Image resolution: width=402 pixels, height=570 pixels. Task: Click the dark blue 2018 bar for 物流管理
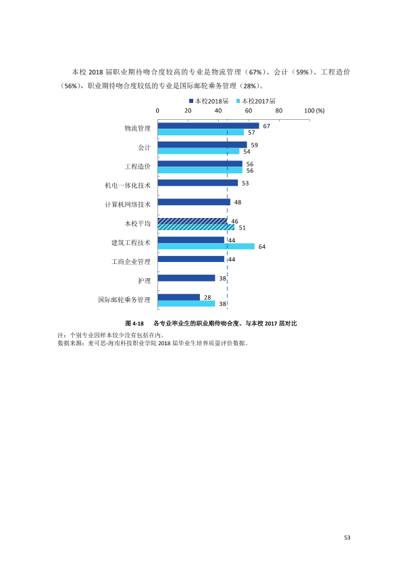tap(208, 126)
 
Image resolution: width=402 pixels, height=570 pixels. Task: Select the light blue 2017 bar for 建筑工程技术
tap(206, 246)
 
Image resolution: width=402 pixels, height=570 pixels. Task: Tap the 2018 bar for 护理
tap(186, 278)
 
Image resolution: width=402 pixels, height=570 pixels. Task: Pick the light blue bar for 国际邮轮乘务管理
tap(186, 303)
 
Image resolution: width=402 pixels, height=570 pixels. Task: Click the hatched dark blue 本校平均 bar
tap(193, 221)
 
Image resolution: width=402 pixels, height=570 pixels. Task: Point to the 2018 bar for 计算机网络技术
tap(194, 202)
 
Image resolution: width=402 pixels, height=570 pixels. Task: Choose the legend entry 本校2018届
tap(209, 101)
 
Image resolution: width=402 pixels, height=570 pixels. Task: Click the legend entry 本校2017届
tap(256, 101)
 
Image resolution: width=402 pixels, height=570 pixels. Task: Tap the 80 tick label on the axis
tap(278, 111)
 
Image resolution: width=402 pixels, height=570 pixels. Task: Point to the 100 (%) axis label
tap(314, 111)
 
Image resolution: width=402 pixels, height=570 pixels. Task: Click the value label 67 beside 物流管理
tap(267, 126)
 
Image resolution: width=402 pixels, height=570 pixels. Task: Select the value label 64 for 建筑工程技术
tap(262, 247)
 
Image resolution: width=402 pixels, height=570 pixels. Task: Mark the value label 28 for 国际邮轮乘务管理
tap(207, 297)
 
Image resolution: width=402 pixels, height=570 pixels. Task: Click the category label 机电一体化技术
tap(128, 185)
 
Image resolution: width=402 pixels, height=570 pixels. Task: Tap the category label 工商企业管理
tap(131, 262)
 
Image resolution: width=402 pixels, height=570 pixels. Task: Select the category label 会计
tap(144, 147)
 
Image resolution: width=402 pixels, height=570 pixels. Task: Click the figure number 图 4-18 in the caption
tap(134, 324)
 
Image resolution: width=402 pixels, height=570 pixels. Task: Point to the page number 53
tap(347, 538)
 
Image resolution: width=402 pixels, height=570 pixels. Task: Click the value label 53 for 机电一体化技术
tap(245, 183)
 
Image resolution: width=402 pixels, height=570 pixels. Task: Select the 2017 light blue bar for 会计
tap(199, 151)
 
